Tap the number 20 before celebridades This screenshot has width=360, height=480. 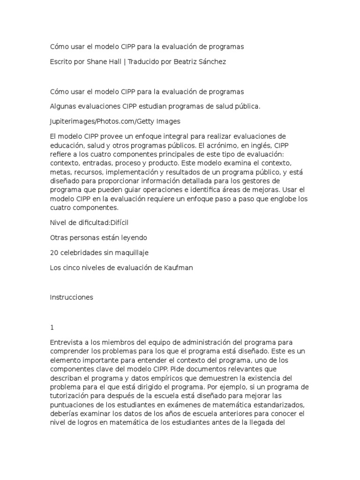54,253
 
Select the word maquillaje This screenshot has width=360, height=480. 129,253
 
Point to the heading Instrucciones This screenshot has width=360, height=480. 72,297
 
